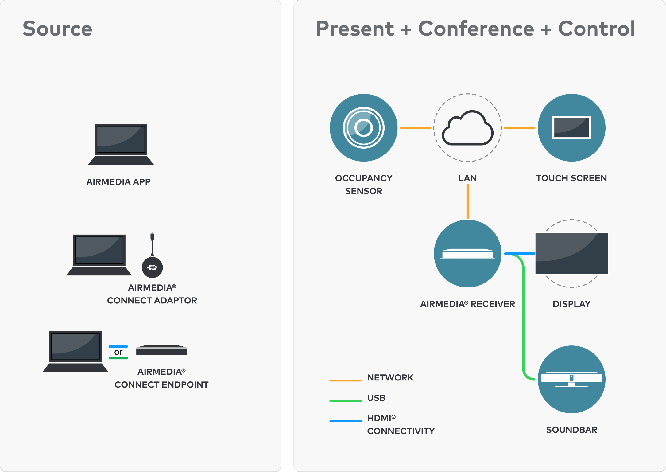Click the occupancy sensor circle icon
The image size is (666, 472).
pyautogui.click(x=364, y=128)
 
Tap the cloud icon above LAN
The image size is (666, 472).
pyautogui.click(x=467, y=127)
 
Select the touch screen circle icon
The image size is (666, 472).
pyautogui.click(x=571, y=128)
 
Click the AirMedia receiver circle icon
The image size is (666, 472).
pyautogui.click(x=467, y=254)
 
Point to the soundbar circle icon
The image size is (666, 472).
pyautogui.click(x=571, y=380)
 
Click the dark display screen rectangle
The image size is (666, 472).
pyautogui.click(x=571, y=253)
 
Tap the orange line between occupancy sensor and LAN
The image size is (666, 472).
pyautogui.click(x=416, y=128)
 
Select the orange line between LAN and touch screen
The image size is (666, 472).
pyautogui.click(x=520, y=128)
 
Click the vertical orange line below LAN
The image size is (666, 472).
pyautogui.click(x=467, y=201)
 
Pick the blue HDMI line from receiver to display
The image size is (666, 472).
pyautogui.click(x=520, y=254)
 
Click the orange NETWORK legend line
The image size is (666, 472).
pyautogui.click(x=346, y=380)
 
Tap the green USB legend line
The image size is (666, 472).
pyautogui.click(x=346, y=401)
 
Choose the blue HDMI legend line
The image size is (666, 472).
pyautogui.click(x=346, y=421)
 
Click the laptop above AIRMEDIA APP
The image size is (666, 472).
pyautogui.click(x=121, y=144)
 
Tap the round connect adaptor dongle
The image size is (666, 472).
pyautogui.click(x=152, y=267)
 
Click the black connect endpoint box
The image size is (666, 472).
pyautogui.click(x=161, y=350)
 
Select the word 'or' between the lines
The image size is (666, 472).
pyautogui.click(x=118, y=352)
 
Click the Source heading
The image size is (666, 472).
pyautogui.click(x=57, y=29)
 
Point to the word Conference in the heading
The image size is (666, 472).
pyautogui.click(x=476, y=29)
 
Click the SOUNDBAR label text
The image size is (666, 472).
pyautogui.click(x=571, y=430)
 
